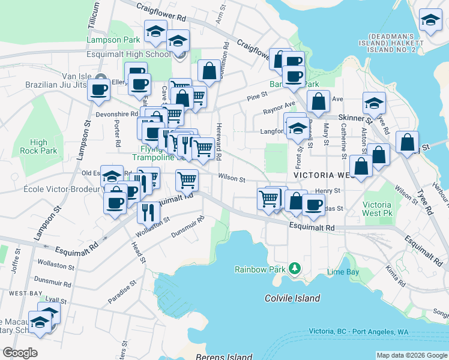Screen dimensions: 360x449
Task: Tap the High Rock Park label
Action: [38, 146]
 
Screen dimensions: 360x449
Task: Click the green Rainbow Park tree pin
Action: [294, 267]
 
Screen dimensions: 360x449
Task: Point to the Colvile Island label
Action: [292, 298]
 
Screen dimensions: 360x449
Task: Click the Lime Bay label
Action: [343, 272]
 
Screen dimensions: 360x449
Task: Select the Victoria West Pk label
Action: [378, 208]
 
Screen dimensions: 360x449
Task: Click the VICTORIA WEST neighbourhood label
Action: [325, 175]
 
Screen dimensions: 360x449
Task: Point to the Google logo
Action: [20, 353]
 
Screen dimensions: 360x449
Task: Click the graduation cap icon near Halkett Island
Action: [430, 21]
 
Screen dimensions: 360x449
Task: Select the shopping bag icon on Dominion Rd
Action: [209, 71]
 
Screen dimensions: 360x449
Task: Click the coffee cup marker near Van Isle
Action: [100, 90]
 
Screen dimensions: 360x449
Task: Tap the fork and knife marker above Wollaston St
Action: [148, 212]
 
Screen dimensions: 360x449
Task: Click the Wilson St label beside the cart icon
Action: [232, 179]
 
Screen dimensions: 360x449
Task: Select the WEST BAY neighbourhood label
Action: [20, 293]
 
